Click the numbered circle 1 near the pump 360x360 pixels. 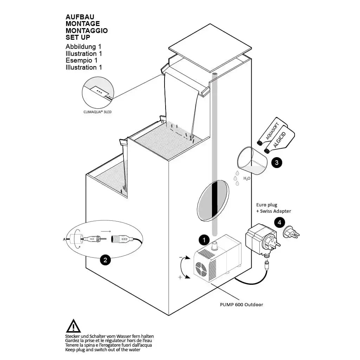(x=204, y=240)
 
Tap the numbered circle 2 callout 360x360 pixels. (x=105, y=260)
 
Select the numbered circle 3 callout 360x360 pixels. (x=277, y=162)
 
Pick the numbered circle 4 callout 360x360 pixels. (x=279, y=222)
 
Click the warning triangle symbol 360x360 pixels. (x=73, y=326)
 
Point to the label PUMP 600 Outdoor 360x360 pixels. (x=241, y=304)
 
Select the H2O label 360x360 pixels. (x=247, y=179)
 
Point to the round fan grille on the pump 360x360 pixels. (x=204, y=269)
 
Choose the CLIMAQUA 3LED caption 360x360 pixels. (x=98, y=112)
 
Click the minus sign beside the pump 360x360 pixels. (x=181, y=257)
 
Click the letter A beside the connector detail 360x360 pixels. (x=64, y=239)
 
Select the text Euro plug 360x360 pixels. (x=266, y=205)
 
